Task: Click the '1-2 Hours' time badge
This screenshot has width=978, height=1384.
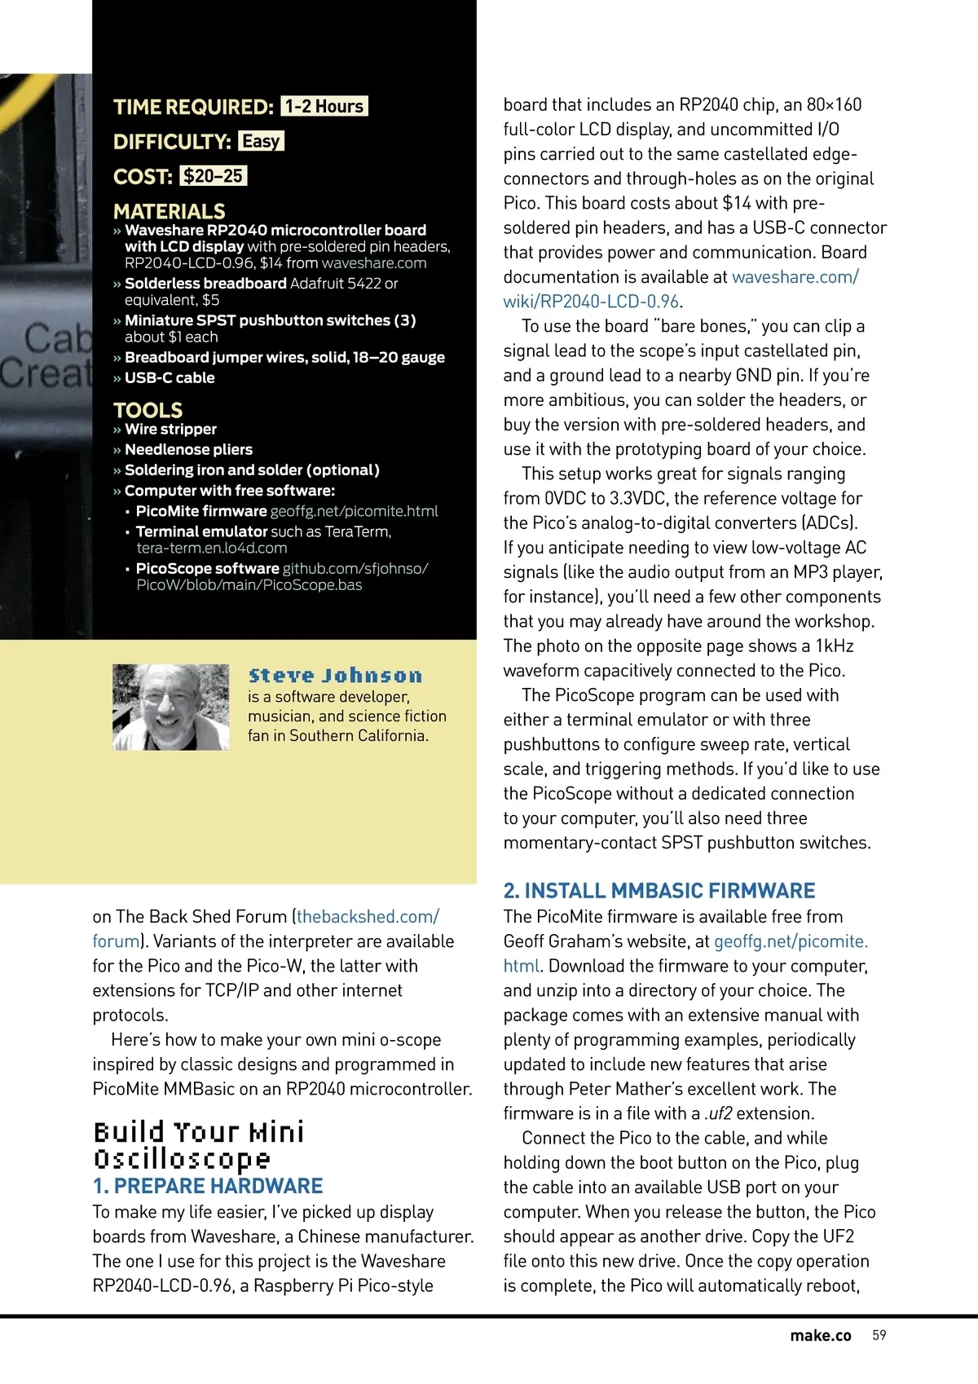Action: click(x=324, y=107)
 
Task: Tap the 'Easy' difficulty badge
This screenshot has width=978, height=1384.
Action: click(x=261, y=142)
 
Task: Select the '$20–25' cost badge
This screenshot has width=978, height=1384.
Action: click(x=213, y=176)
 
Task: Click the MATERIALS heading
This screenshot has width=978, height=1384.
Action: click(x=170, y=211)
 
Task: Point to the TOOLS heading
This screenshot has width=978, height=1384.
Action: click(x=148, y=410)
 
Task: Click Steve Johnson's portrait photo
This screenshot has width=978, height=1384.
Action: click(x=170, y=707)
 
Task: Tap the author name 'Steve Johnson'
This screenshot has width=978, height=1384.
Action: click(x=335, y=676)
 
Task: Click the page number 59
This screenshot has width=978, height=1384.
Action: click(x=879, y=1335)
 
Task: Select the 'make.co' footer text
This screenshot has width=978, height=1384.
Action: click(x=820, y=1335)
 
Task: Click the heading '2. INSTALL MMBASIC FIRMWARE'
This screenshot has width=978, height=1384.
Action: click(x=659, y=890)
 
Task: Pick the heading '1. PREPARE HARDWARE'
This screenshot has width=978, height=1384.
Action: click(x=208, y=1186)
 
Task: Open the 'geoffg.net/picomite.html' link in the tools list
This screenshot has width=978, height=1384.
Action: click(x=354, y=511)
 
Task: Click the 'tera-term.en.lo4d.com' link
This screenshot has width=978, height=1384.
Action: click(x=211, y=548)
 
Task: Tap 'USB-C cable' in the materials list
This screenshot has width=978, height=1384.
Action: click(x=170, y=377)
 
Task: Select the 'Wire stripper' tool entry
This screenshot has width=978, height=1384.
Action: click(x=170, y=429)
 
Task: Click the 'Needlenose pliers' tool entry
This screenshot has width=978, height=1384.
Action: click(x=188, y=449)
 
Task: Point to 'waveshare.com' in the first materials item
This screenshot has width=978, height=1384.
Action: click(x=374, y=263)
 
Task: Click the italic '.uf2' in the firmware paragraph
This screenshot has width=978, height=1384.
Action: click(x=718, y=1113)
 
